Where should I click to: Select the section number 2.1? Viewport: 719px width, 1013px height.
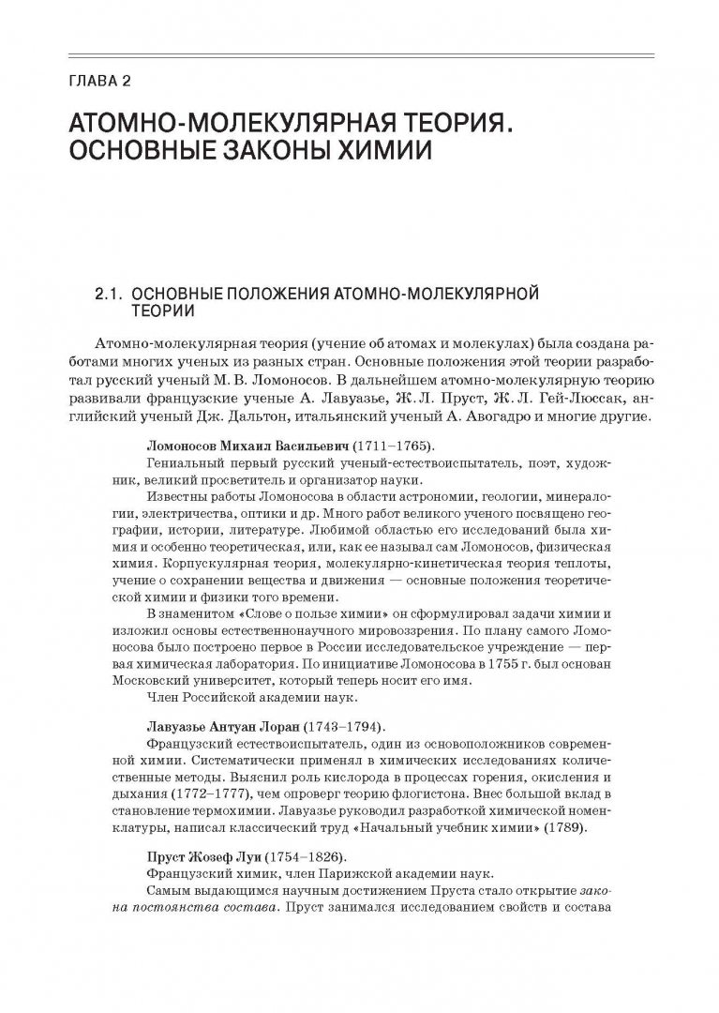point(106,295)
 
